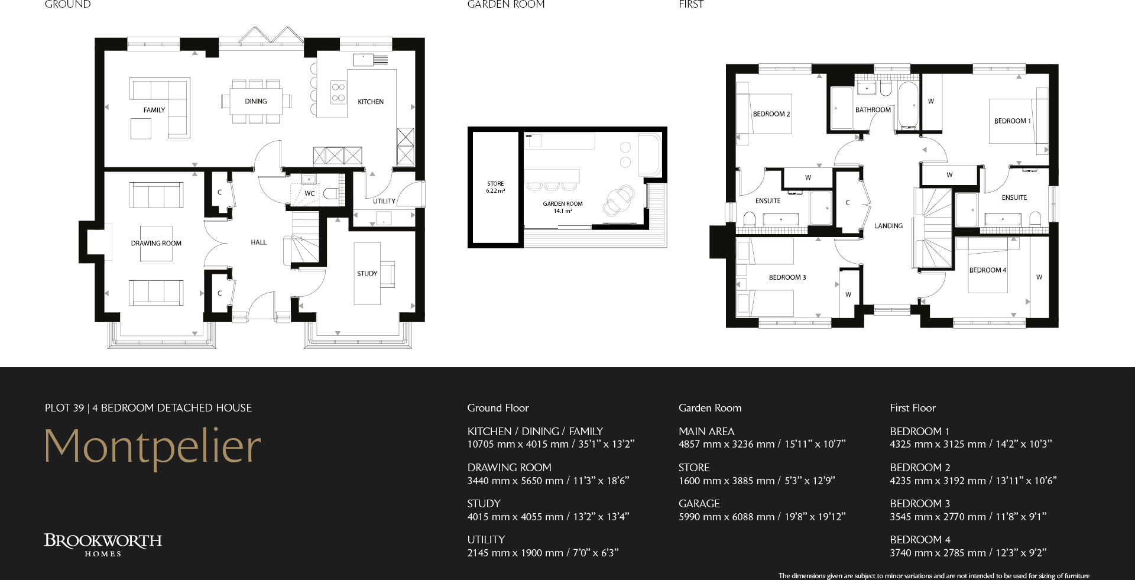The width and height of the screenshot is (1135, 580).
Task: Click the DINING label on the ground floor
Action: (255, 102)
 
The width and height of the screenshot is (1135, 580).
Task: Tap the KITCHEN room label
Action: (371, 102)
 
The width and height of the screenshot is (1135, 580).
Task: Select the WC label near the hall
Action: (310, 193)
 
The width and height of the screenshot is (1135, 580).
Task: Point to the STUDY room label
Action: (367, 274)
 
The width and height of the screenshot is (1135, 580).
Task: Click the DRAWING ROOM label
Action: (156, 243)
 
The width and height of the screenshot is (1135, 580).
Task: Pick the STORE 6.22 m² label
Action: (495, 187)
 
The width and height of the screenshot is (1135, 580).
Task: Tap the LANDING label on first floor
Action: (888, 226)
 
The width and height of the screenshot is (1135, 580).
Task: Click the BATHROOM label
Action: (873, 110)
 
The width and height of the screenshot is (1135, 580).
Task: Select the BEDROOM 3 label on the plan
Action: (787, 277)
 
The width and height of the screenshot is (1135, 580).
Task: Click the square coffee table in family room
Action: (141, 128)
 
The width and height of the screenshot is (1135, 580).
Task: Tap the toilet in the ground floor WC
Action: (332, 193)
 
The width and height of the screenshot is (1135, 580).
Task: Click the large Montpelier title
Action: (153, 446)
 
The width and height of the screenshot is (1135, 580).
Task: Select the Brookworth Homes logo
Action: (103, 545)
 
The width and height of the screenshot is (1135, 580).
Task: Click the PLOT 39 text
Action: (64, 408)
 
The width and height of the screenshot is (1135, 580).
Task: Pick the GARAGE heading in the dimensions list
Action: (699, 504)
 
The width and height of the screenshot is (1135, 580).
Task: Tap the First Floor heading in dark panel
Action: (912, 408)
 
